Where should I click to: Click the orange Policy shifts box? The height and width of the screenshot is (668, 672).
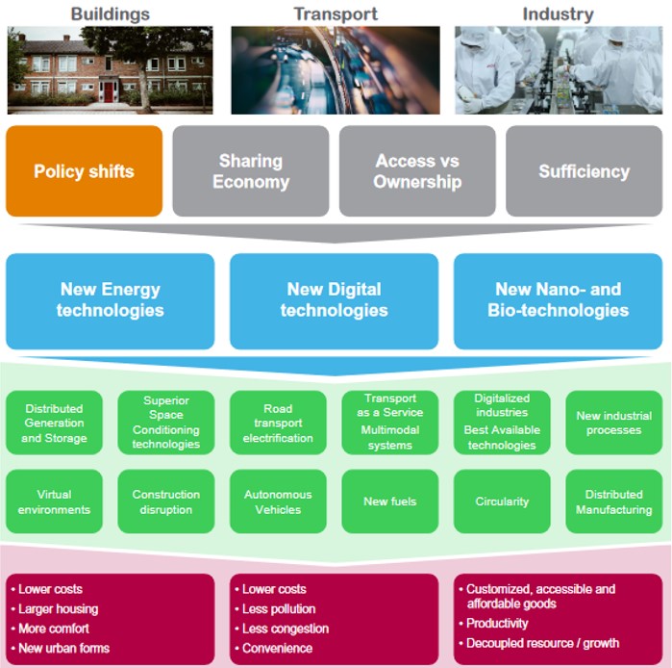(84, 171)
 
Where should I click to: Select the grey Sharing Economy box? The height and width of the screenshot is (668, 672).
(251, 171)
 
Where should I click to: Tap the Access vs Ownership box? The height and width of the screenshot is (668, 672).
(417, 171)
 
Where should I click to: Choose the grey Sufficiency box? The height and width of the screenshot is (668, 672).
(584, 171)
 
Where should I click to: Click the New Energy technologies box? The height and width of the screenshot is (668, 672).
(110, 299)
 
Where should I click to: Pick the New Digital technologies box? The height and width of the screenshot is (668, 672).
(334, 299)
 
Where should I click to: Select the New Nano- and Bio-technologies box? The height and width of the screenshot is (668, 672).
(559, 299)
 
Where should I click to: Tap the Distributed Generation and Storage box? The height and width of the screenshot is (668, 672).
(54, 424)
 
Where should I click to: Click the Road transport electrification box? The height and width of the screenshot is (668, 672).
(278, 424)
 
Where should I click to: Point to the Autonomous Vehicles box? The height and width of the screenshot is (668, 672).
(278, 501)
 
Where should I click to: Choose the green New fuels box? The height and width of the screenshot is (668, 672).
(389, 501)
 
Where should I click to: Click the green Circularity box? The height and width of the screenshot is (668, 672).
(502, 501)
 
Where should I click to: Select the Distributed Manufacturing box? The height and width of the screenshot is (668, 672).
(613, 501)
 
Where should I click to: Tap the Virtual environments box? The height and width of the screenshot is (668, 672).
(54, 501)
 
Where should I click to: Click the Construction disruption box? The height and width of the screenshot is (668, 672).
(166, 501)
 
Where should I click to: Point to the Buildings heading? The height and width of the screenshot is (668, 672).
(111, 13)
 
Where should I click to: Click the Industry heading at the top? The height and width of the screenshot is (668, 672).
(558, 13)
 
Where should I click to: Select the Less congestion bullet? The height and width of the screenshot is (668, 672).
(286, 629)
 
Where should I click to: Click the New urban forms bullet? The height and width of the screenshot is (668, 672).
(63, 648)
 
